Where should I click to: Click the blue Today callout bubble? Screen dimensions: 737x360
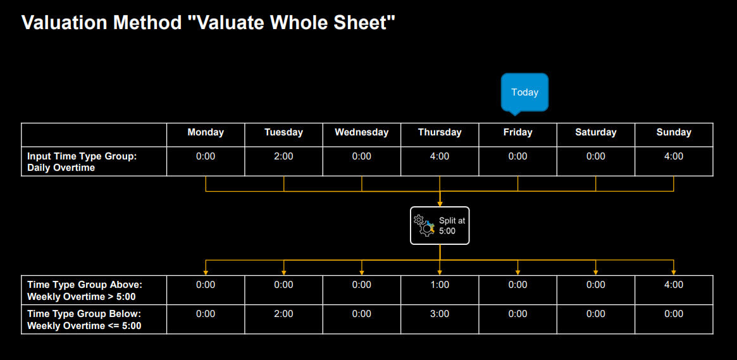click(524, 92)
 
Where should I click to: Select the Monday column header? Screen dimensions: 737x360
click(206, 132)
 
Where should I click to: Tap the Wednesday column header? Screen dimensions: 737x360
click(361, 132)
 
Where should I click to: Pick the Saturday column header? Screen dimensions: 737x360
click(595, 132)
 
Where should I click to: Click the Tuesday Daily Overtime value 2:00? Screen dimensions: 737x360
click(283, 156)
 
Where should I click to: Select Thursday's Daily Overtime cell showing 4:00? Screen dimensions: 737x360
click(440, 156)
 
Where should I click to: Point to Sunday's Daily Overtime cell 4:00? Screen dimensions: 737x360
click(674, 156)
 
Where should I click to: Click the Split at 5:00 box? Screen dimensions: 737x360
click(440, 226)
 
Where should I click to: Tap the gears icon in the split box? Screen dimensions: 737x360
click(424, 226)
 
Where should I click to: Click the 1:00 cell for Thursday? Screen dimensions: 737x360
click(440, 285)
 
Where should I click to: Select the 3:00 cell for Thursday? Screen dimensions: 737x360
click(440, 314)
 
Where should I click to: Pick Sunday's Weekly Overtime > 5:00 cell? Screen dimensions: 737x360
click(674, 285)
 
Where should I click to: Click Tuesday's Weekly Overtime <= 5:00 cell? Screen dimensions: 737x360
click(283, 314)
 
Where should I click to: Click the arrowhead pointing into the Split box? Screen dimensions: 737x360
click(440, 204)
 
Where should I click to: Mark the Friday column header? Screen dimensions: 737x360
click(517, 132)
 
